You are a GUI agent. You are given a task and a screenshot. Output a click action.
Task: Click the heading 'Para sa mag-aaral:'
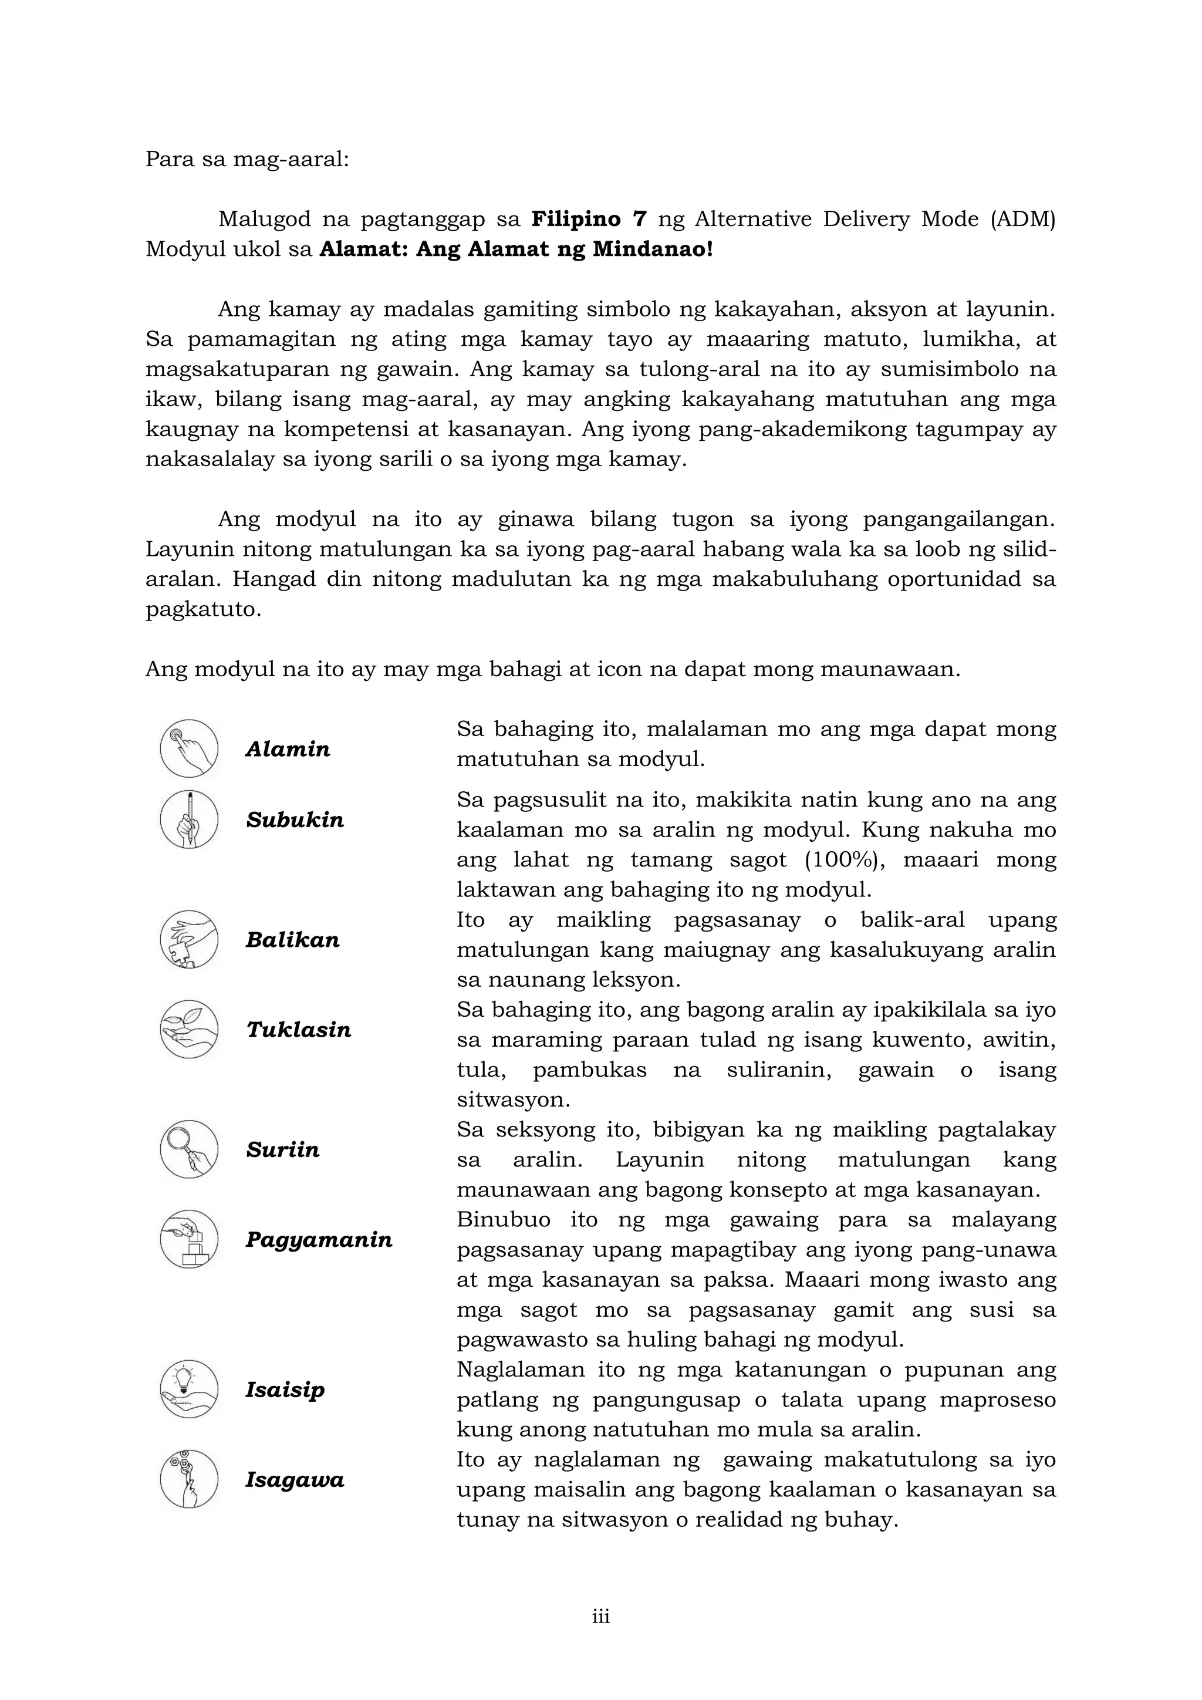coord(247,159)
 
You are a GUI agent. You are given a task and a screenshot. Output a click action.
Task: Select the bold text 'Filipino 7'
coord(589,219)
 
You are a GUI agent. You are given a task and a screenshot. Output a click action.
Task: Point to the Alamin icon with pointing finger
coord(190,748)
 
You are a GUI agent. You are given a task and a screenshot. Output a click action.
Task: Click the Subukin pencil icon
coord(190,819)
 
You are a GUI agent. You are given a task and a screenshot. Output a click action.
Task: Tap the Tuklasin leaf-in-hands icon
coord(190,1029)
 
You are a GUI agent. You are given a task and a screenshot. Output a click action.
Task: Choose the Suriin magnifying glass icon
coord(190,1149)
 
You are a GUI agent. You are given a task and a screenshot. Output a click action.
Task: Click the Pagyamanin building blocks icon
coord(190,1239)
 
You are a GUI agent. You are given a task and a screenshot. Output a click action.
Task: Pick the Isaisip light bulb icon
coord(190,1389)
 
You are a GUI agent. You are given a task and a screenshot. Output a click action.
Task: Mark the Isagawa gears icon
coord(190,1479)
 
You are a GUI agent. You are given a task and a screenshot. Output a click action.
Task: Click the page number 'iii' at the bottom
coord(601,1617)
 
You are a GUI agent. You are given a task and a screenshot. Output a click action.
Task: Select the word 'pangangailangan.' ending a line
coord(959,519)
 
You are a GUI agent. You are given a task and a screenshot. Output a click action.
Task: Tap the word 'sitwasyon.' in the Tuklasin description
coord(513,1099)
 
